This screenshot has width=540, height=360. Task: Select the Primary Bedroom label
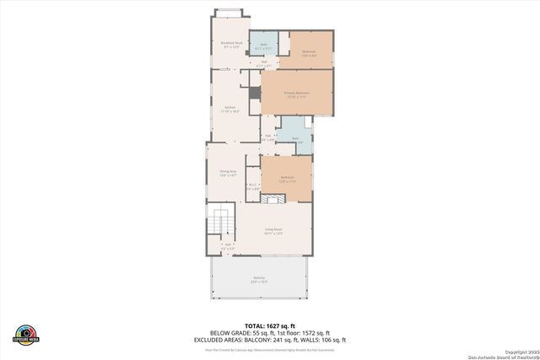pyautogui.click(x=296, y=94)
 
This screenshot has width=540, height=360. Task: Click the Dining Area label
pyautogui.click(x=228, y=173)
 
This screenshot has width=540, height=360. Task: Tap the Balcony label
pyautogui.click(x=258, y=280)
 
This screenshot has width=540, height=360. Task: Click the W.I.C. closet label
pyautogui.click(x=252, y=186)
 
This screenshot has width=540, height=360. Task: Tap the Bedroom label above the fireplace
pyautogui.click(x=287, y=179)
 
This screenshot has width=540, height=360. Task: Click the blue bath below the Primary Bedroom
pyautogui.click(x=296, y=140)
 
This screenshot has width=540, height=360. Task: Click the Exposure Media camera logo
pyautogui.click(x=27, y=334)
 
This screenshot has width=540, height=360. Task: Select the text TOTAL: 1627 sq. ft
pyautogui.click(x=270, y=325)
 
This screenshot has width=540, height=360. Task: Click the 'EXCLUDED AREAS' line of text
pyautogui.click(x=270, y=339)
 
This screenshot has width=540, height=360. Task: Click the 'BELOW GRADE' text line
pyautogui.click(x=270, y=332)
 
